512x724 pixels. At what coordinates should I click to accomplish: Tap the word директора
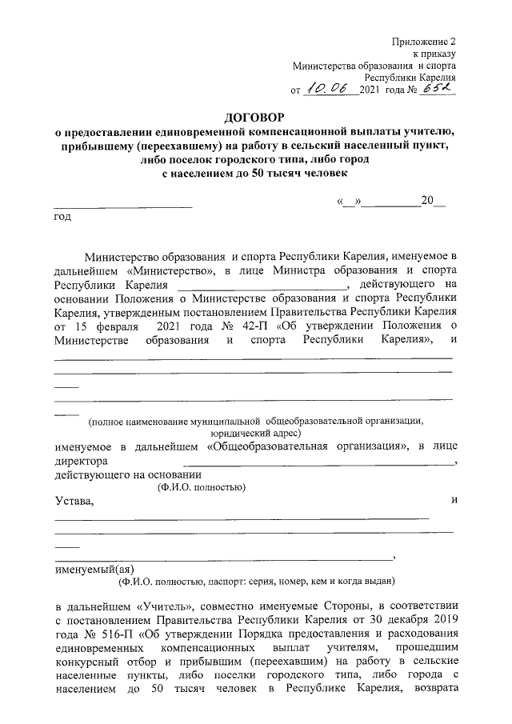(81, 462)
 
